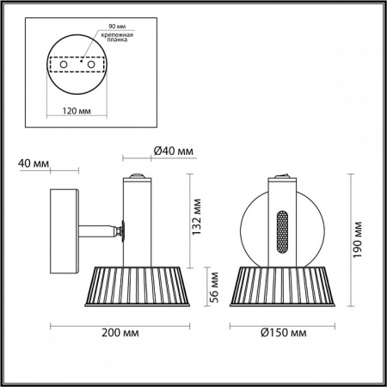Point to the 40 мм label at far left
coord(33,163)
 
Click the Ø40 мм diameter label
coord(173,151)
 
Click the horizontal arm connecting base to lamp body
coord(97,230)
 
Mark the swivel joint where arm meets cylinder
coord(121,230)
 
